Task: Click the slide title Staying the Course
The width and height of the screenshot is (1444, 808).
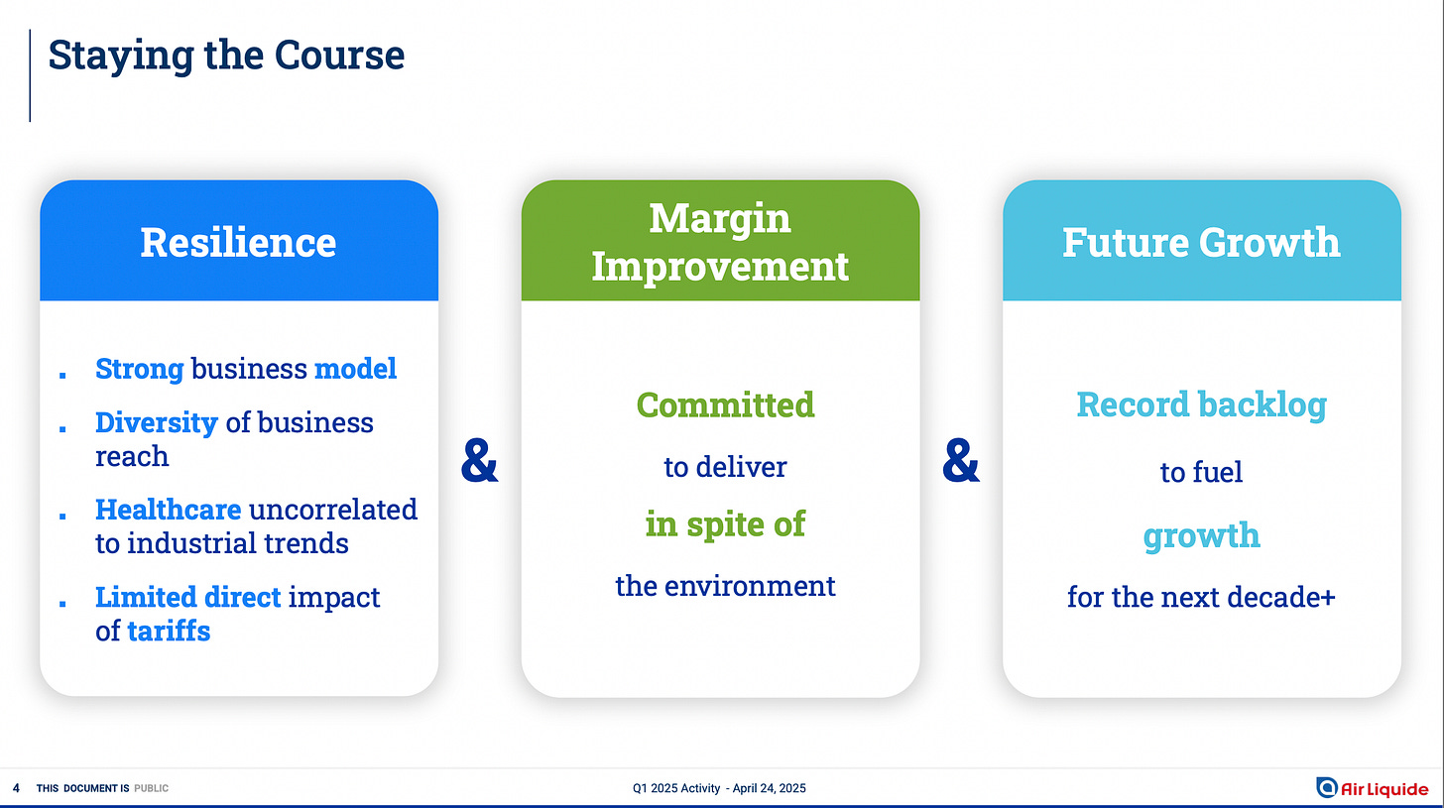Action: (x=226, y=57)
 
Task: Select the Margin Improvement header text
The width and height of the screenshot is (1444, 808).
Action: (x=720, y=242)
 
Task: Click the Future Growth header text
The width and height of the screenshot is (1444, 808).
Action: (x=1201, y=242)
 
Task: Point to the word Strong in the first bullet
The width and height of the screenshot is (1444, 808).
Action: (x=140, y=369)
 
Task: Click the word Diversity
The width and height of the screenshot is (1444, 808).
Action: (x=157, y=423)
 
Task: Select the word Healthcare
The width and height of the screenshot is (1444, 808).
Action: (x=169, y=510)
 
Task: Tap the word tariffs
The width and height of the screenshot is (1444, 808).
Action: (x=169, y=631)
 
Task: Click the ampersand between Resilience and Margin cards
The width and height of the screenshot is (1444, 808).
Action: (x=480, y=460)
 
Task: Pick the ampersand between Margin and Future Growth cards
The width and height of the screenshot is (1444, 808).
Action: (x=960, y=460)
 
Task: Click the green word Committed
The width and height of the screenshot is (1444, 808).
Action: (x=725, y=404)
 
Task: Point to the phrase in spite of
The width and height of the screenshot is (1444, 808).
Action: (x=725, y=523)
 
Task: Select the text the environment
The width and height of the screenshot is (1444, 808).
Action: (x=725, y=586)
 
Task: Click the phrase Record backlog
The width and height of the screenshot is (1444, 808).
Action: (x=1202, y=404)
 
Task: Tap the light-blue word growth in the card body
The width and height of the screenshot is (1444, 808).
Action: (x=1202, y=536)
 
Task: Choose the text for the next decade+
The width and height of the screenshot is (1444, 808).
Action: (x=1201, y=597)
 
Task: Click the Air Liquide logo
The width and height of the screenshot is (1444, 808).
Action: (x=1373, y=788)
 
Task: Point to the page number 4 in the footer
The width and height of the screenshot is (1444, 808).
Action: (x=16, y=788)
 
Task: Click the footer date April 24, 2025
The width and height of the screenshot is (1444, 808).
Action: (x=769, y=788)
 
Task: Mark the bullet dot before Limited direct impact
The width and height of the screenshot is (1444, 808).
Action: (x=62, y=604)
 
